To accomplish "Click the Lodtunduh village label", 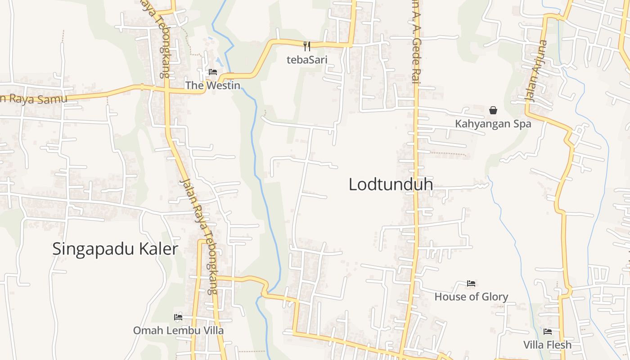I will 391,184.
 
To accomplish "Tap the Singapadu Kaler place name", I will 115,249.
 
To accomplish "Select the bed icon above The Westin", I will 213,72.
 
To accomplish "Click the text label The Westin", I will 213,85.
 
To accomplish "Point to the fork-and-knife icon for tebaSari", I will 307,46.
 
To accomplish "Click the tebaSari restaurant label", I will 307,59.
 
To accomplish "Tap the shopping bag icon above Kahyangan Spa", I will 493,110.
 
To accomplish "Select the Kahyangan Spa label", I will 493,124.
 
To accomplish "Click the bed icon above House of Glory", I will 471,283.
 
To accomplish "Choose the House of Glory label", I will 471,297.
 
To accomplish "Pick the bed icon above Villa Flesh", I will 548,332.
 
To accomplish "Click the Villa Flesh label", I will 548,345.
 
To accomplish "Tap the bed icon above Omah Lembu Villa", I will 178,317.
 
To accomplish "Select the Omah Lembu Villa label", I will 178,331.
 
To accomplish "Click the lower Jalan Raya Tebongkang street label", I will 198,236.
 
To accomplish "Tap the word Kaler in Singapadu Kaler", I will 157,249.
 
